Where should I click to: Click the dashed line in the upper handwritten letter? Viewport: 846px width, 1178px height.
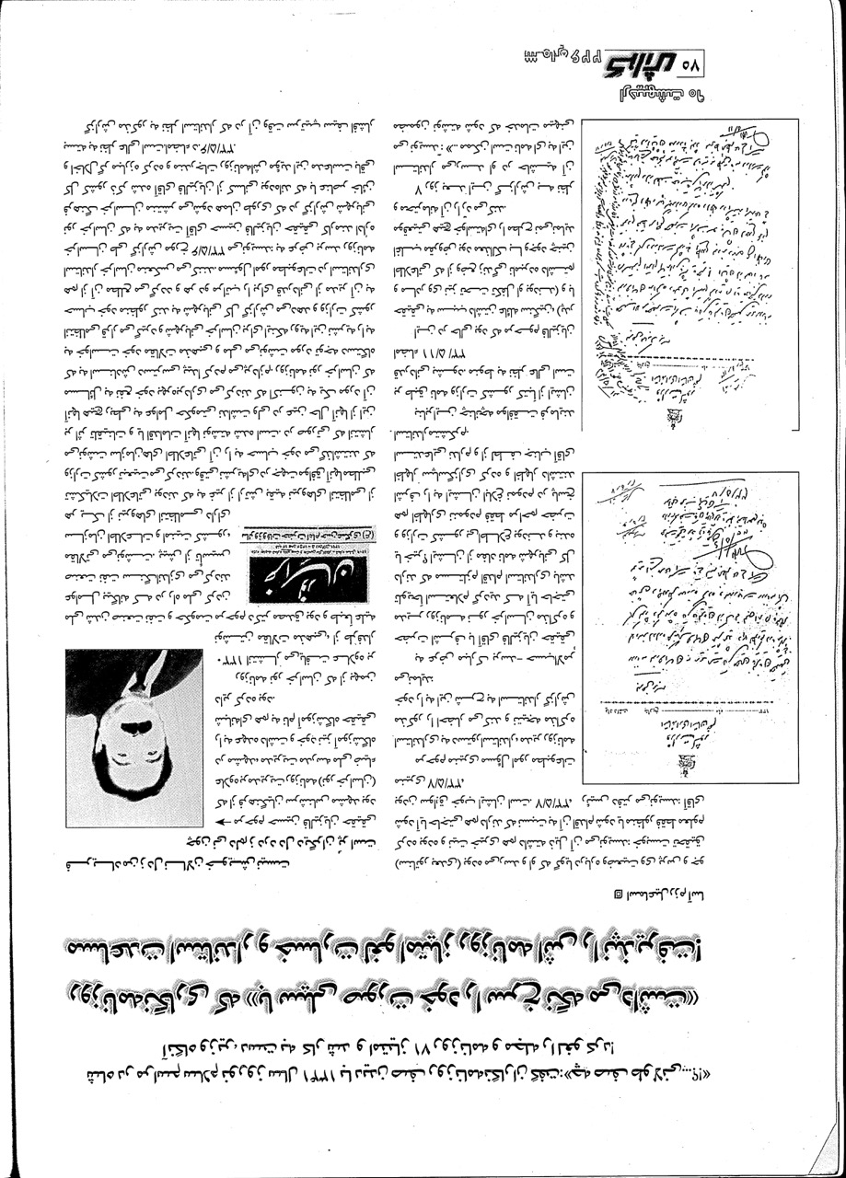[x=681, y=357]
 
